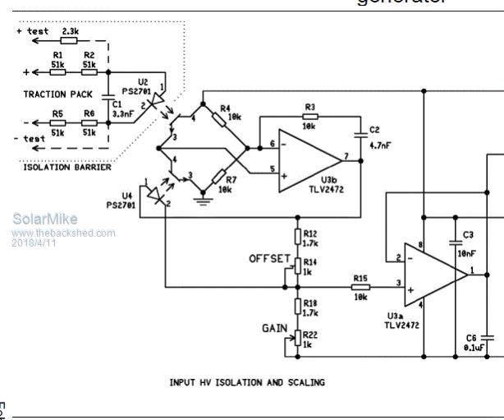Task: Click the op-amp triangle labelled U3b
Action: [307, 160]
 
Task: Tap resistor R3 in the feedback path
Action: [309, 118]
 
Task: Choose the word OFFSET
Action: [269, 259]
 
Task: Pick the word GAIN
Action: [274, 327]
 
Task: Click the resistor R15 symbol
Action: [361, 288]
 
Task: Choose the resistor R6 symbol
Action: [89, 124]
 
